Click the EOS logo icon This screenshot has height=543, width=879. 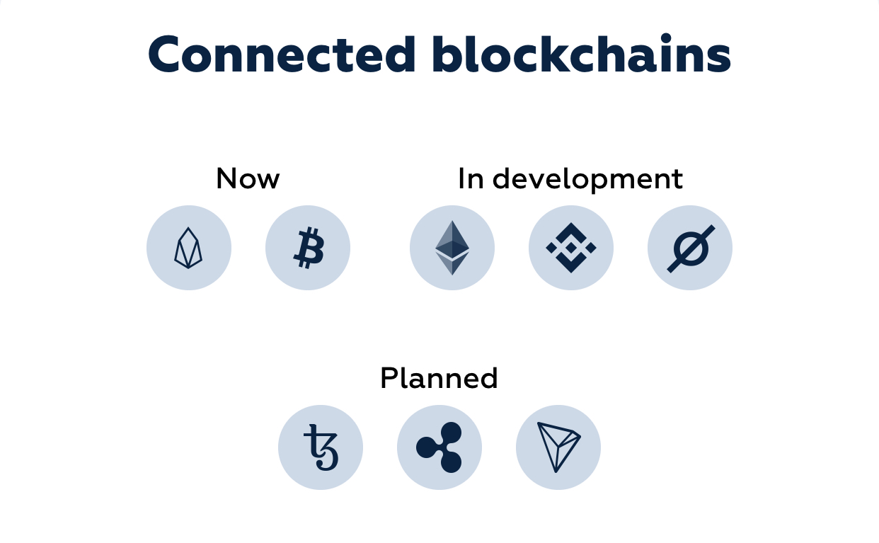coord(188,248)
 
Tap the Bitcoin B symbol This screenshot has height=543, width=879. coord(309,248)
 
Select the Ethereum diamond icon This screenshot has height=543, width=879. coord(452,248)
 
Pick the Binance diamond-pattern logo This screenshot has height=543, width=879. coord(571,248)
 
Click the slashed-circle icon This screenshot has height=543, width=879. coord(691,248)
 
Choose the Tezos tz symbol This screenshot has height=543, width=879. coord(321,447)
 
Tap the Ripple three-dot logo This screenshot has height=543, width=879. coord(439,447)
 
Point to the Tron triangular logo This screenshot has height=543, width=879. coord(558,447)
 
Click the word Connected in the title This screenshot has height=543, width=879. coord(282,55)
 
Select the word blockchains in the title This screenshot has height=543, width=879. coord(582,53)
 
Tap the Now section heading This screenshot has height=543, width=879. coord(248,178)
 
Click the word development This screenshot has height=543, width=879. coord(588,180)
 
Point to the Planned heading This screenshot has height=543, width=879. coord(439,378)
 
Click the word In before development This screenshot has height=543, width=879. coord(471,178)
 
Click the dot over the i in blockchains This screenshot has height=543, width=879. coord(666,38)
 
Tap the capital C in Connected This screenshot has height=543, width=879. coord(163,55)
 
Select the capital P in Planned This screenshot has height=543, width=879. coord(389,378)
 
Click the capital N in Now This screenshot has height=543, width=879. coord(226,178)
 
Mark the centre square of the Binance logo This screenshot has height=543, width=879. coord(571,248)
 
